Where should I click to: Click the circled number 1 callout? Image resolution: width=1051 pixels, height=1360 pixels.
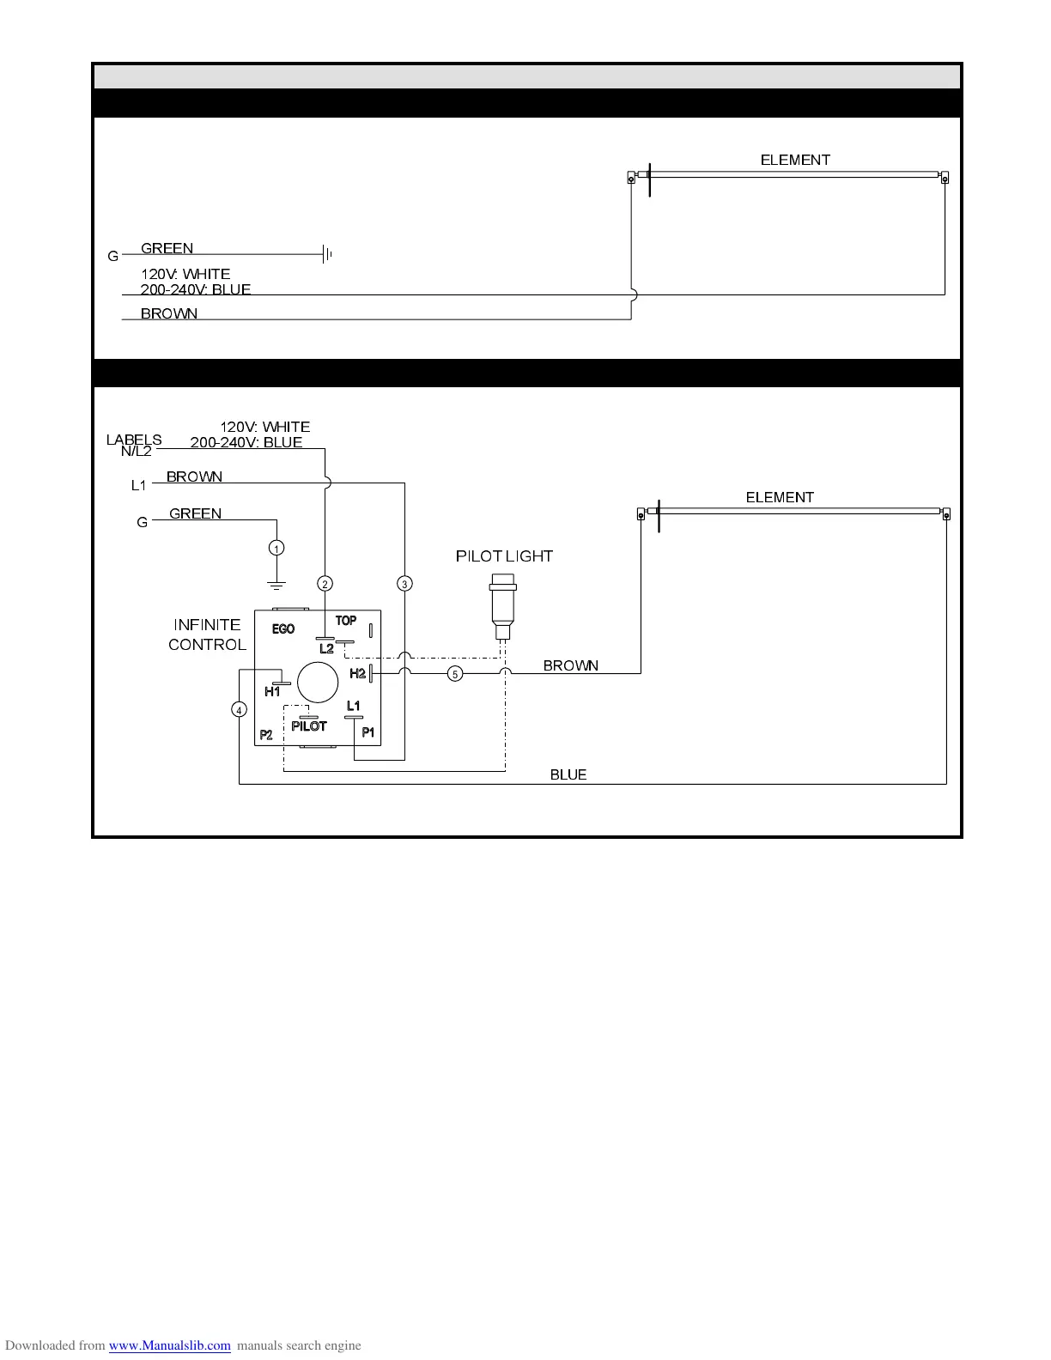tap(276, 548)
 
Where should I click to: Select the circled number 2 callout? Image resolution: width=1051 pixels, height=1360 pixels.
tap(325, 584)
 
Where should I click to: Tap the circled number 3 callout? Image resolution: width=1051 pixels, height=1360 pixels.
tap(404, 584)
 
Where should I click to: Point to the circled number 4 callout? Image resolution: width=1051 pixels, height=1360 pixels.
tap(239, 709)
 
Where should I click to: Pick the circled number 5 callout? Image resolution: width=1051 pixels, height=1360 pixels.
tap(455, 674)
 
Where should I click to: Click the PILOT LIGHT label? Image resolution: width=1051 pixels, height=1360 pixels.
tap(504, 556)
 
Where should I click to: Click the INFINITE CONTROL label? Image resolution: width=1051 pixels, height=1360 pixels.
tap(207, 634)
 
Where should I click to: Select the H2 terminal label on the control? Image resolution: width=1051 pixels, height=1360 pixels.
tap(357, 674)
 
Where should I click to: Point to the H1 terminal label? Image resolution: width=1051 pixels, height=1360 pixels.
tap(272, 691)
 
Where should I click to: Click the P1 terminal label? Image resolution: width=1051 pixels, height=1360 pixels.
tap(368, 732)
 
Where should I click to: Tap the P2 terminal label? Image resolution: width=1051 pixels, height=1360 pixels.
tap(266, 735)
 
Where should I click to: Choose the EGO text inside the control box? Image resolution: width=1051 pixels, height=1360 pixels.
tap(283, 629)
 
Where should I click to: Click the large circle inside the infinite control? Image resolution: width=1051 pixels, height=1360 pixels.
tap(317, 683)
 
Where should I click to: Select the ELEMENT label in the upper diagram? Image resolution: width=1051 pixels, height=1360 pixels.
tap(795, 160)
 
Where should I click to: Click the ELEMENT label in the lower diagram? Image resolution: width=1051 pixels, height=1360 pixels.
tap(780, 497)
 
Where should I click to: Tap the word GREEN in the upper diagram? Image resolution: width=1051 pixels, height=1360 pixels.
tap(167, 248)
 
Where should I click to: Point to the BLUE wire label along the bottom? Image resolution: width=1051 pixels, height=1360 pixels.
tap(568, 774)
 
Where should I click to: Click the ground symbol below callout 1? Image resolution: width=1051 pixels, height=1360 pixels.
tap(276, 586)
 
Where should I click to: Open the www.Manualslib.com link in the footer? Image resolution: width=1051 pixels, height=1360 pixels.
tap(169, 1345)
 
